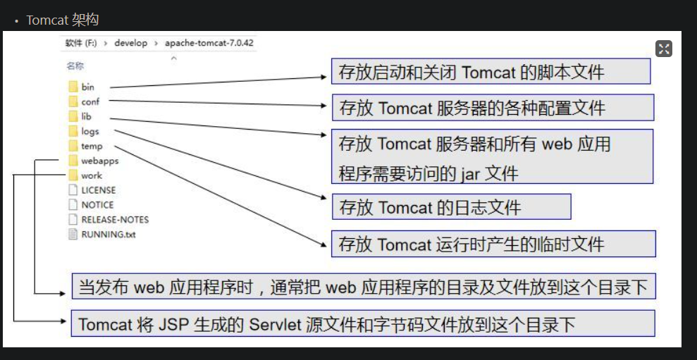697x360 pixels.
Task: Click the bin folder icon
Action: [73, 87]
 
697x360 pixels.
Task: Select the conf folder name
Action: [90, 101]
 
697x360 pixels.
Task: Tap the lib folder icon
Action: [73, 116]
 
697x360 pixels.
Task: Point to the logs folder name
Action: [90, 132]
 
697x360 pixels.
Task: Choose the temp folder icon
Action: [73, 146]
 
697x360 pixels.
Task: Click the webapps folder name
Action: [100, 161]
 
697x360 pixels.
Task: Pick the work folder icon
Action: [73, 175]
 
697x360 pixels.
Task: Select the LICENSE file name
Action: [98, 190]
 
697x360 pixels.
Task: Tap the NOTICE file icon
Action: [73, 204]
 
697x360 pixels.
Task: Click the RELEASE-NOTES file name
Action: [115, 220]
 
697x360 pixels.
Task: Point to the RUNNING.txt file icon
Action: [73, 234]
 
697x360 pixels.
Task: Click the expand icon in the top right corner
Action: [664, 49]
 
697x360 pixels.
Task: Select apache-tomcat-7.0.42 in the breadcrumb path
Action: [209, 43]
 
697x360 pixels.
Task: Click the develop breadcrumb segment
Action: [130, 43]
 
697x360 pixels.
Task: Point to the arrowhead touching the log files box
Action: [324, 197]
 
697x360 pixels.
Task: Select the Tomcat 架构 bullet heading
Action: [62, 20]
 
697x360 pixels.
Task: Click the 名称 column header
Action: [75, 66]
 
